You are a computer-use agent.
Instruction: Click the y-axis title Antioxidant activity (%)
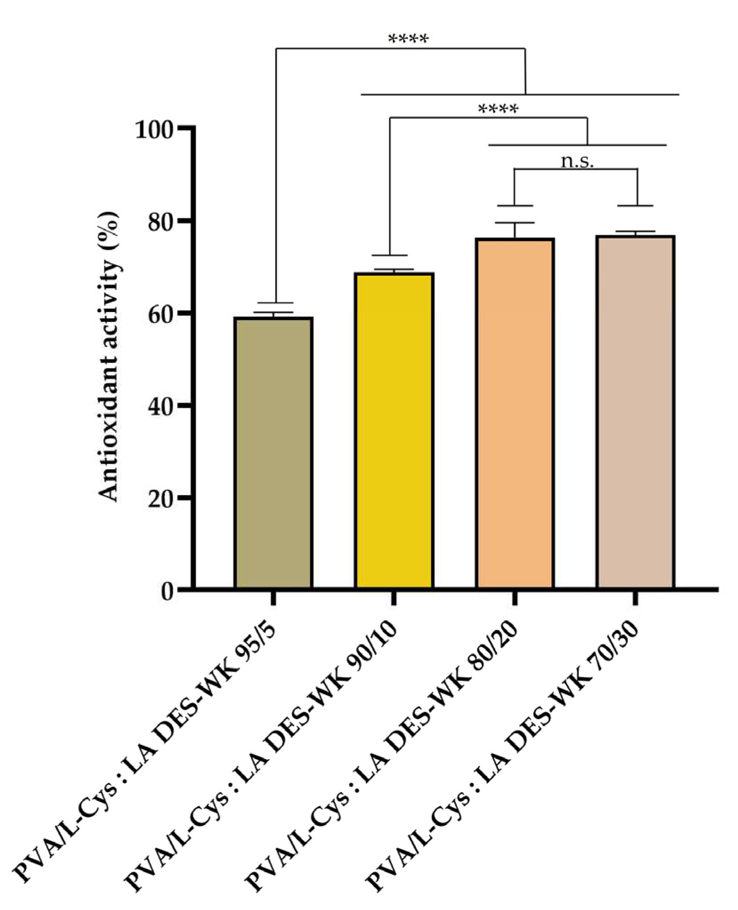[109, 356]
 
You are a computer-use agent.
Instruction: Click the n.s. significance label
[577, 161]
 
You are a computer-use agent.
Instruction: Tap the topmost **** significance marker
[408, 39]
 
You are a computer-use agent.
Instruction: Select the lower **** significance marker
[498, 109]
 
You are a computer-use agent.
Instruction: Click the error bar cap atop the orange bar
[515, 223]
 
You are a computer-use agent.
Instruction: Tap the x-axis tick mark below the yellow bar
[394, 598]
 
